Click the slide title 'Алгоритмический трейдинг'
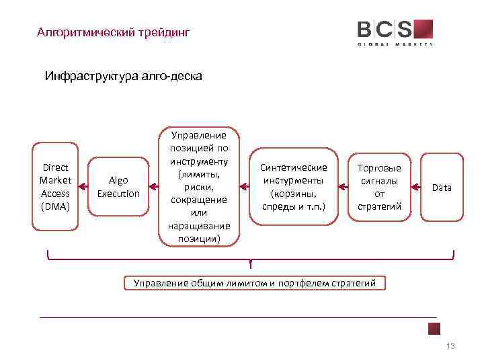(x=114, y=32)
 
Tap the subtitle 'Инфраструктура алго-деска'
(x=123, y=76)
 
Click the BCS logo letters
(x=385, y=30)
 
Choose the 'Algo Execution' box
(x=118, y=187)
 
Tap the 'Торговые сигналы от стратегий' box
(x=379, y=186)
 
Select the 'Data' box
(x=442, y=188)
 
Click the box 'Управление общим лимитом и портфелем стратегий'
(x=255, y=283)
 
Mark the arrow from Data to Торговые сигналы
(x=414, y=187)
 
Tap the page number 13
(x=450, y=346)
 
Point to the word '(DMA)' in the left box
(x=56, y=206)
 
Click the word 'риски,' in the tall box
(x=198, y=187)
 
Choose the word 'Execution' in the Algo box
(x=118, y=194)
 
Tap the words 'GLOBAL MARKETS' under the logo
(x=395, y=43)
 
